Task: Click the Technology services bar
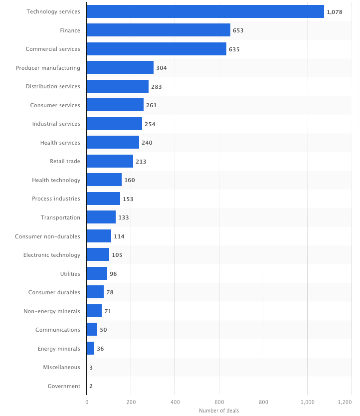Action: click(205, 11)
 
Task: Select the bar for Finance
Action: click(158, 30)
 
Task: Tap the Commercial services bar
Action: click(156, 49)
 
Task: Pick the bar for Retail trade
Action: click(110, 161)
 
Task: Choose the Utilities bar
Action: click(97, 273)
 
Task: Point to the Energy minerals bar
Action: click(90, 348)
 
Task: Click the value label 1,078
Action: click(334, 11)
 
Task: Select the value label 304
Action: click(162, 68)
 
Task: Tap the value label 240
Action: click(147, 143)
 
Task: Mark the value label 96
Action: click(113, 274)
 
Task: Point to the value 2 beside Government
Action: click(91, 386)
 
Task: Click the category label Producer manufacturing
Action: click(48, 68)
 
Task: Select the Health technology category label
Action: click(56, 180)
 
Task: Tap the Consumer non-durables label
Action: click(47, 236)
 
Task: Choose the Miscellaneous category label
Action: click(61, 367)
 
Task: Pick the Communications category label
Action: click(58, 330)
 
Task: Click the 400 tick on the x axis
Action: click(175, 402)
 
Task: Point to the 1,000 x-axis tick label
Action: click(307, 402)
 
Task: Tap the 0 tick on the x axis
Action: click(87, 402)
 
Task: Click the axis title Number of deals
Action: click(219, 411)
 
